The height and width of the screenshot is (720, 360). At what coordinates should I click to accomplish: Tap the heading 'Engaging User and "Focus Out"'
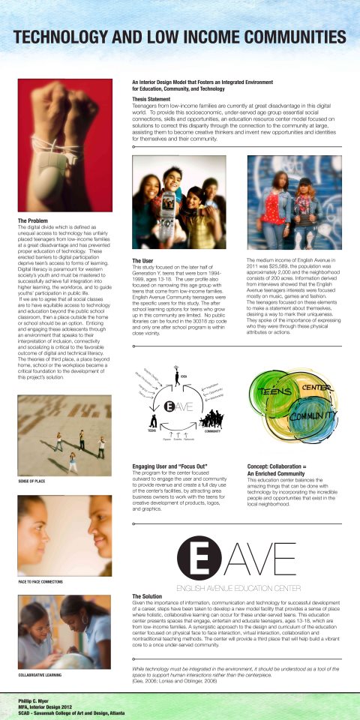[x=164, y=466]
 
